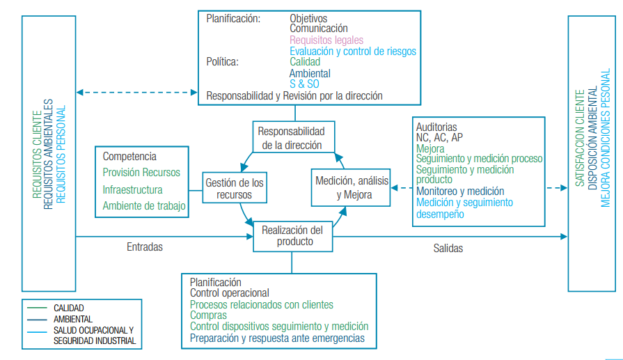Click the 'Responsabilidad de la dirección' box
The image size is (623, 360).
[x=292, y=138]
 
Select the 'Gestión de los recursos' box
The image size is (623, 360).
[x=234, y=189]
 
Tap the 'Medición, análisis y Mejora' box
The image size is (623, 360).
[x=353, y=187]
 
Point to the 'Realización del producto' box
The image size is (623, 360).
[x=292, y=236]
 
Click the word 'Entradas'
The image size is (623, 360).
[x=145, y=247]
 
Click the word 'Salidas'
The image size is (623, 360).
[x=448, y=248]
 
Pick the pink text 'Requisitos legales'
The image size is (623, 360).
[x=326, y=40]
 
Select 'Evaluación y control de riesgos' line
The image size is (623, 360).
[x=353, y=51]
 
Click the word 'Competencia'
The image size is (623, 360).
[x=129, y=157]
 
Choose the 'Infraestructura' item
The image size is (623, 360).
[x=132, y=189]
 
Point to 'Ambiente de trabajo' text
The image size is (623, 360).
[x=143, y=206]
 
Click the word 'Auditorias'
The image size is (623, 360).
[x=436, y=127]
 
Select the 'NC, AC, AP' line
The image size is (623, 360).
[x=439, y=138]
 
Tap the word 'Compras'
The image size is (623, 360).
[x=208, y=315]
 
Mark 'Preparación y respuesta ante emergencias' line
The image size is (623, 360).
[x=277, y=338]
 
